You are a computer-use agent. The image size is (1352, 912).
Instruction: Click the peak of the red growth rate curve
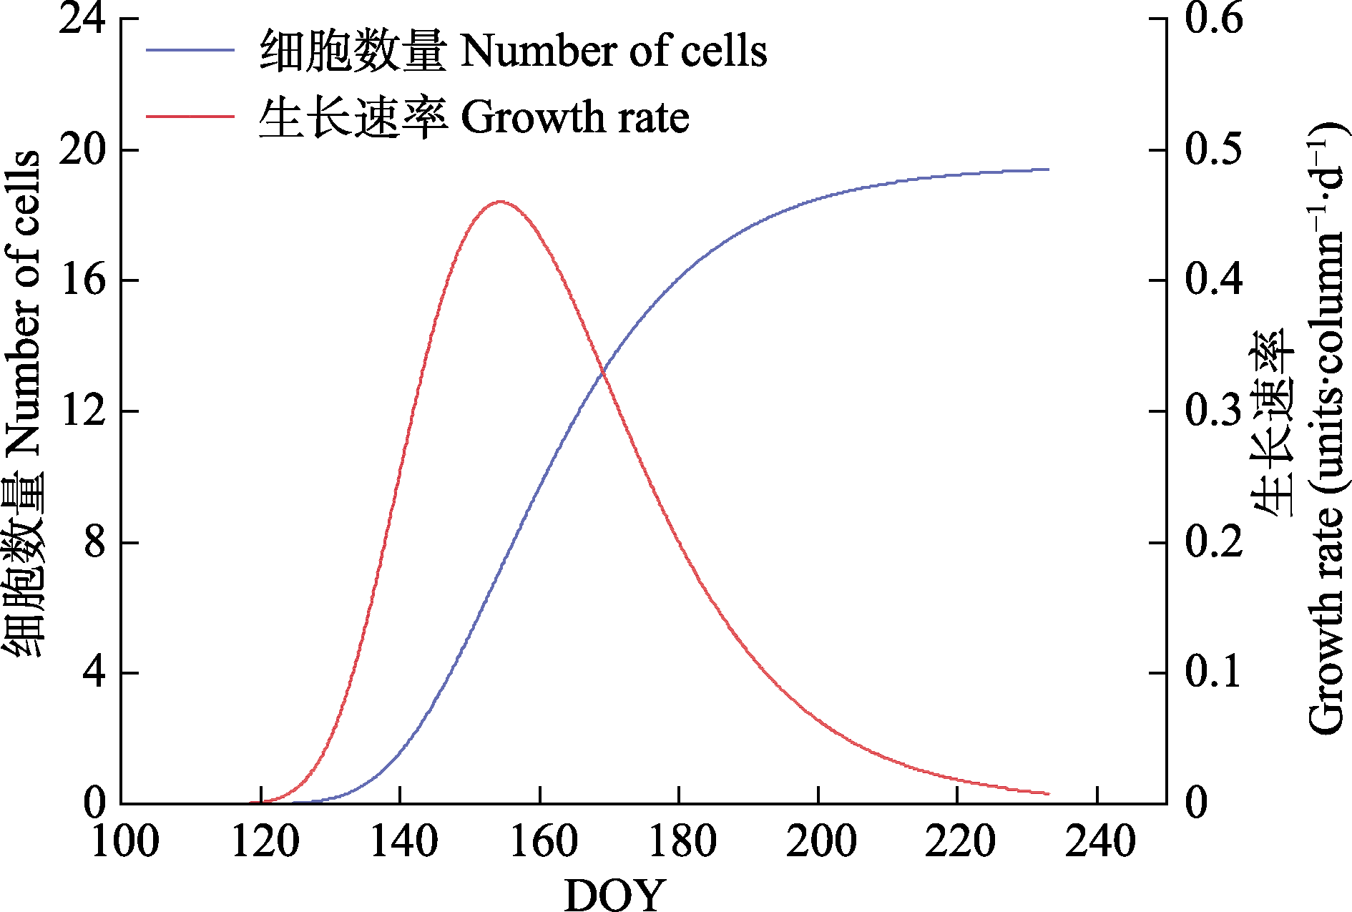[x=500, y=202]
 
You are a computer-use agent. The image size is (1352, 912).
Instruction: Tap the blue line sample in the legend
[x=190, y=50]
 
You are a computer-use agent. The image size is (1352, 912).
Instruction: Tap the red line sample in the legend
[x=190, y=116]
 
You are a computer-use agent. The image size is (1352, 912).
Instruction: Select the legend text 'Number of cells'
[x=613, y=52]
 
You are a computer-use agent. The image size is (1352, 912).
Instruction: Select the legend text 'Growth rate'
[x=574, y=117]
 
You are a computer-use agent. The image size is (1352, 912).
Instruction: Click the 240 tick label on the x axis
[x=1099, y=841]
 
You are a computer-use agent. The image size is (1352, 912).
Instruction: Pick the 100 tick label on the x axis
[x=124, y=841]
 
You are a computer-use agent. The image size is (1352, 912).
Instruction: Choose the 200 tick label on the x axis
[x=820, y=841]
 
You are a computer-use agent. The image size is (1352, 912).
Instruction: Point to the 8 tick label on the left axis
[x=94, y=542]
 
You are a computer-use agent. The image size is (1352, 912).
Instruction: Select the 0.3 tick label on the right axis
[x=1214, y=411]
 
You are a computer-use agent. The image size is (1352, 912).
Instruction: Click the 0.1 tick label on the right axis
[x=1214, y=672]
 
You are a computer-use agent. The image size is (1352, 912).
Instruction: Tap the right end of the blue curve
[x=1048, y=170]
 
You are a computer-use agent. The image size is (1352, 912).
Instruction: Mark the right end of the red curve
[x=1048, y=793]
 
